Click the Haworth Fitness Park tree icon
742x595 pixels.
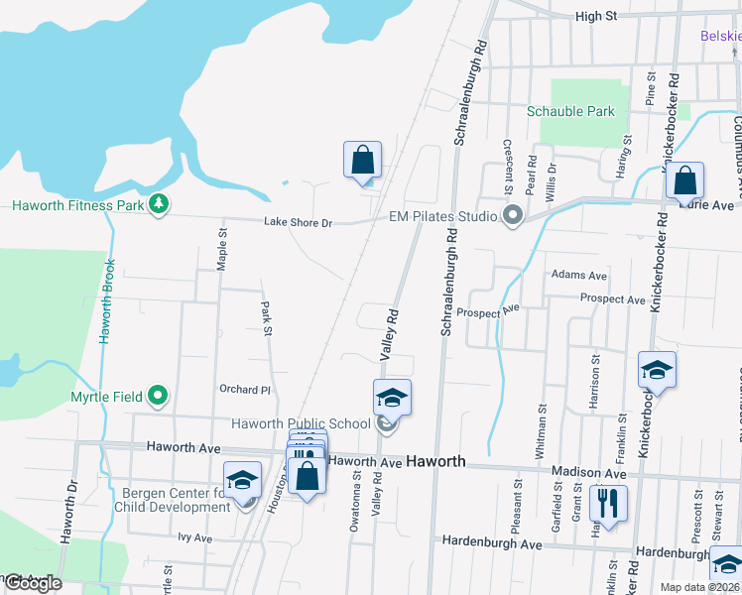coord(158,205)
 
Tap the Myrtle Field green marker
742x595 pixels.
coord(158,398)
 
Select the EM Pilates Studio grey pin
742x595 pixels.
coord(513,215)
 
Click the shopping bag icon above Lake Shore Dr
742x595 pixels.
coord(363,160)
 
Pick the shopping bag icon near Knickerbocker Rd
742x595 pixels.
coord(684,181)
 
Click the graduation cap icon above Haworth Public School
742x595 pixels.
coord(392,399)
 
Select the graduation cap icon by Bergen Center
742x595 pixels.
coord(242,481)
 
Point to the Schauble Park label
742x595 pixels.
coord(570,112)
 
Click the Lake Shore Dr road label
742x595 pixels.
coord(298,223)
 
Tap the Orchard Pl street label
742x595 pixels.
coord(245,391)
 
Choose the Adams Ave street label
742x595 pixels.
coord(578,275)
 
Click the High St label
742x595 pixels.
coord(595,17)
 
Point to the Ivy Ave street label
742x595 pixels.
coord(195,537)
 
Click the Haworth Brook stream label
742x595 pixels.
coord(107,301)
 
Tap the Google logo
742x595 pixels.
coord(32,583)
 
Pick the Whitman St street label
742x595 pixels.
coord(542,428)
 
